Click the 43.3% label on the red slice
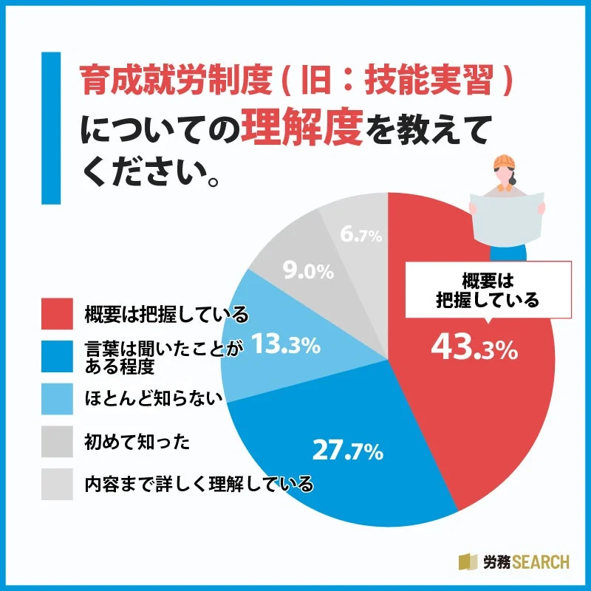coord(473,348)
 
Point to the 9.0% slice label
coord(309,272)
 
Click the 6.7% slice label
coord(361,236)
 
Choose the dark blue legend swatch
coord(57,357)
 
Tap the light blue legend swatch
coord(57,400)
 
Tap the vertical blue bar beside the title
coord(50,127)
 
